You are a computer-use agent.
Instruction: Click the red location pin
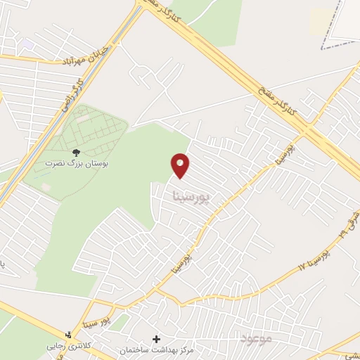[181, 165]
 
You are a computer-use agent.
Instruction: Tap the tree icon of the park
[77, 152]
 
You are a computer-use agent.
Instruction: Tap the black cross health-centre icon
[156, 339]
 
